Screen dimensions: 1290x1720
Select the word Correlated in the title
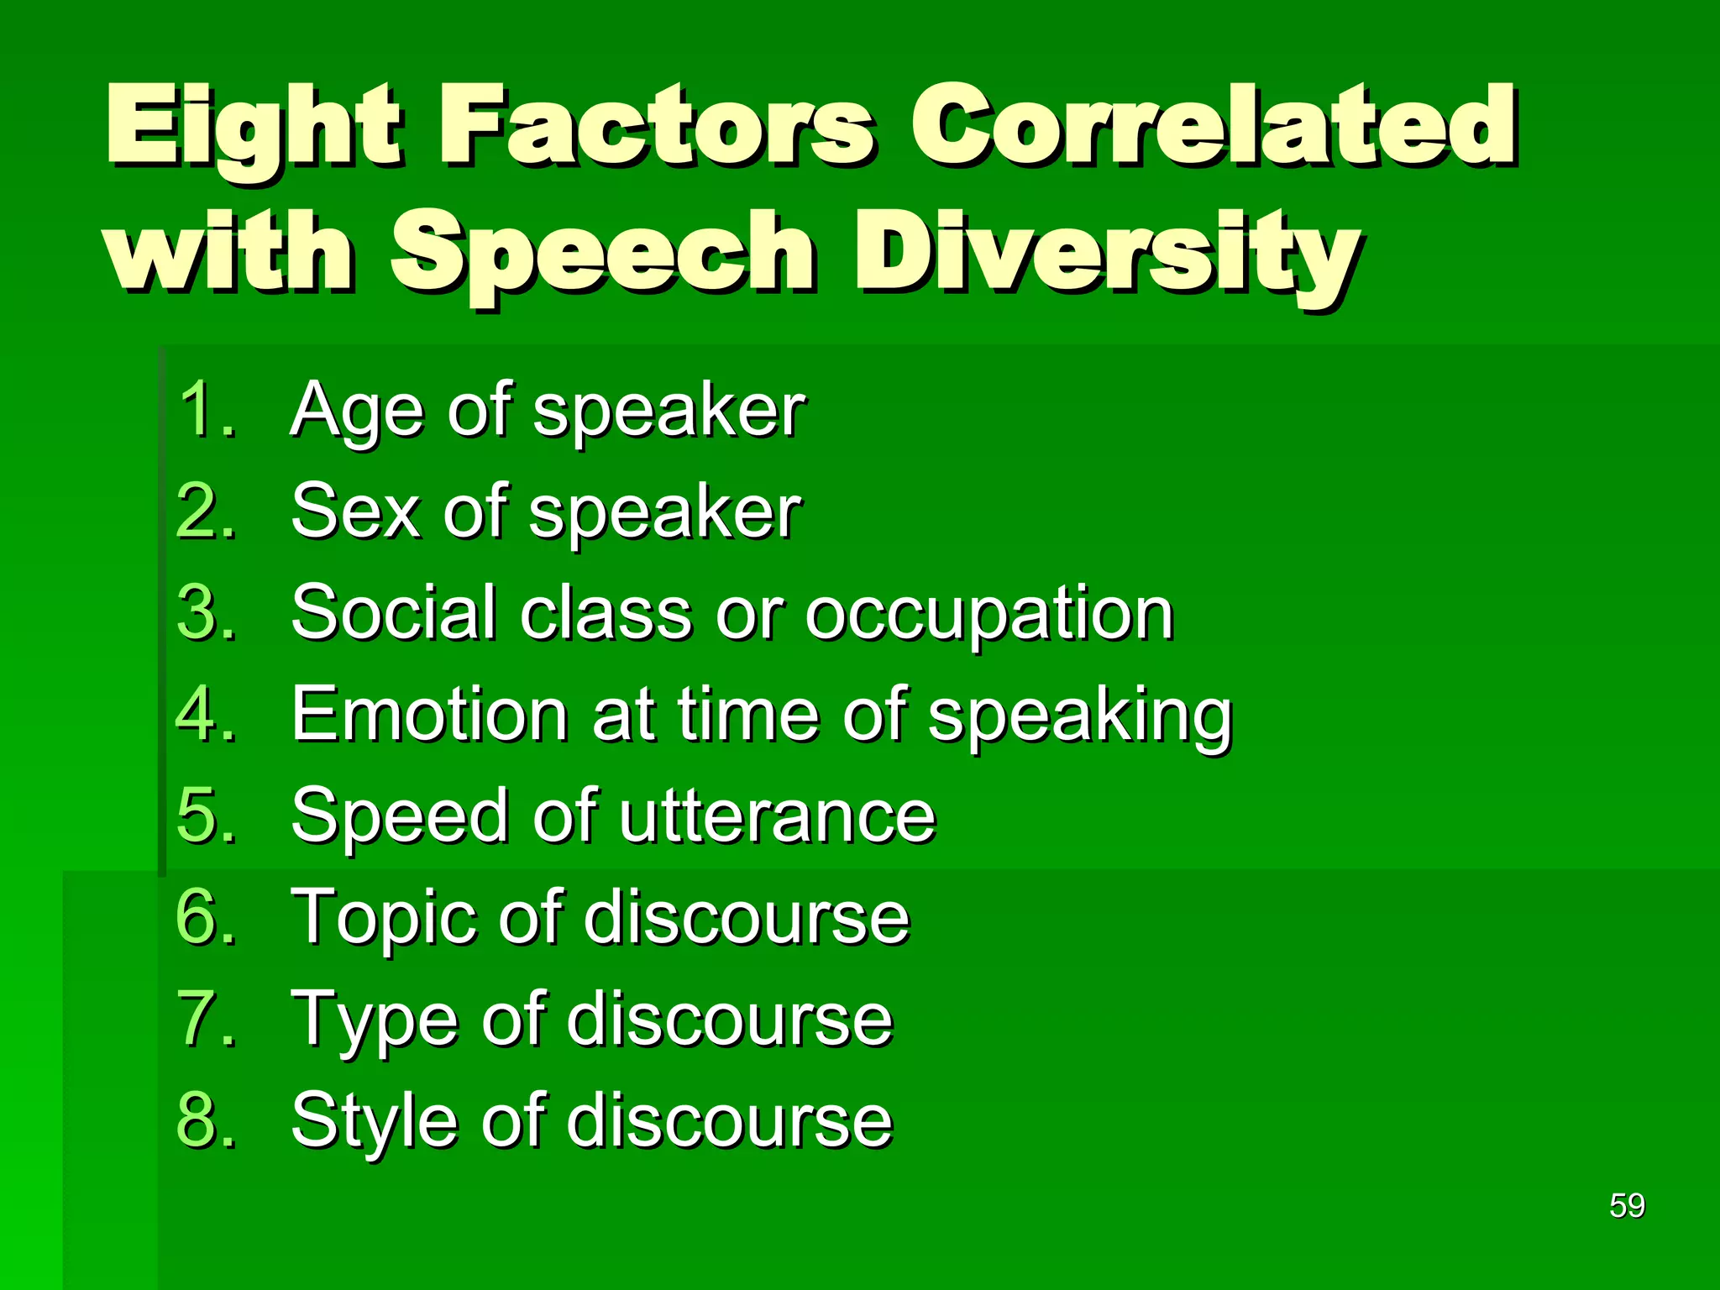[x=1214, y=126]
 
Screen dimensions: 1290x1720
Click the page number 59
[x=1627, y=1206]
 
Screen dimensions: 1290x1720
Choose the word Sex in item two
[x=353, y=511]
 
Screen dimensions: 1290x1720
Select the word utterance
[x=777, y=816]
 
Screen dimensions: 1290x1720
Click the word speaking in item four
[x=1079, y=716]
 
